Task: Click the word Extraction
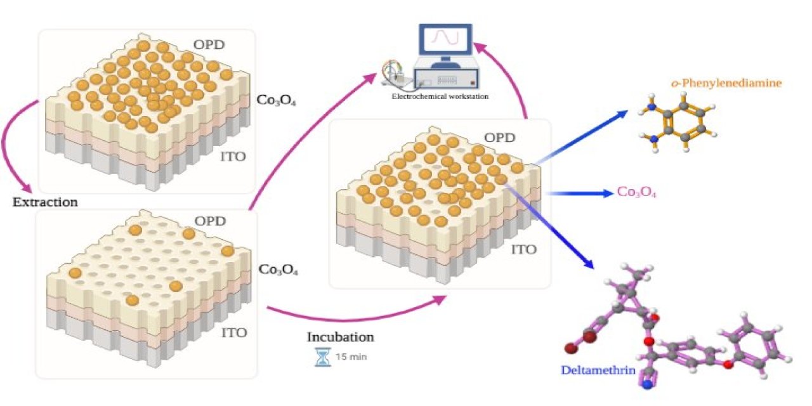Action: tap(45, 203)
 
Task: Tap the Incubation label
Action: tap(340, 337)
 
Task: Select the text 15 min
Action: tap(351, 357)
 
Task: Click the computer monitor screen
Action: tap(444, 39)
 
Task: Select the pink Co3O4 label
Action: tap(636, 192)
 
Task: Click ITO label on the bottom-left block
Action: tap(235, 332)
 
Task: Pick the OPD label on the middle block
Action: tap(499, 138)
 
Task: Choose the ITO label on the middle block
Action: tap(523, 249)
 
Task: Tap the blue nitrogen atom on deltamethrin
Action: tap(646, 384)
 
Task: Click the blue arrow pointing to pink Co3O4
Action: tap(580, 192)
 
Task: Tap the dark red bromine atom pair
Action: tap(580, 343)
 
